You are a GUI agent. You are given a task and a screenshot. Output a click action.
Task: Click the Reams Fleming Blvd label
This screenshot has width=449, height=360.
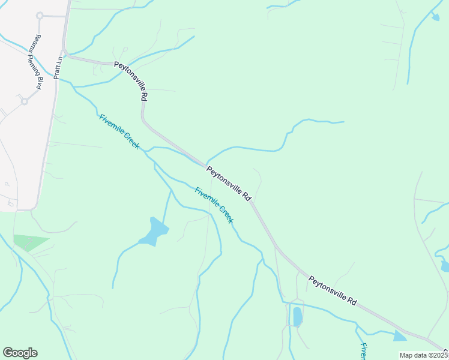pos(32,66)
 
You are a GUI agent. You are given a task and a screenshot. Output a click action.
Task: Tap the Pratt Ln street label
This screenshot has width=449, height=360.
pos(58,67)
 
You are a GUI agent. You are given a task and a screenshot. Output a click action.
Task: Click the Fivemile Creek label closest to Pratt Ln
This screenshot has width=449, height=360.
pos(119,132)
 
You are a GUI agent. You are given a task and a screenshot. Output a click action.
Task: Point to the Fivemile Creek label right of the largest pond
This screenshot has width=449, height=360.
pos(214,205)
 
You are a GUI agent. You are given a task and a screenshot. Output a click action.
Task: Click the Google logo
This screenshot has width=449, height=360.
pos(20,353)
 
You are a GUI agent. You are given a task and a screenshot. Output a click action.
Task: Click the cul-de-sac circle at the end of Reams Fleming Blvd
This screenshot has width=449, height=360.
pos(40,16)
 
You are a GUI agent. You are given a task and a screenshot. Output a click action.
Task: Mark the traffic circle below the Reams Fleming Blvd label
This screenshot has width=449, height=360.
pos(25,101)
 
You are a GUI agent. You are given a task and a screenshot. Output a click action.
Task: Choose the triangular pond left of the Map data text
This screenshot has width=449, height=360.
pos(399,337)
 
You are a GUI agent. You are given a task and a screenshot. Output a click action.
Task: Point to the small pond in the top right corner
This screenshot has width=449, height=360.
pos(435,17)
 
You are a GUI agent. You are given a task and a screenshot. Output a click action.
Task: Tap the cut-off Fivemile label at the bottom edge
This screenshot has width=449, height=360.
pos(364,351)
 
